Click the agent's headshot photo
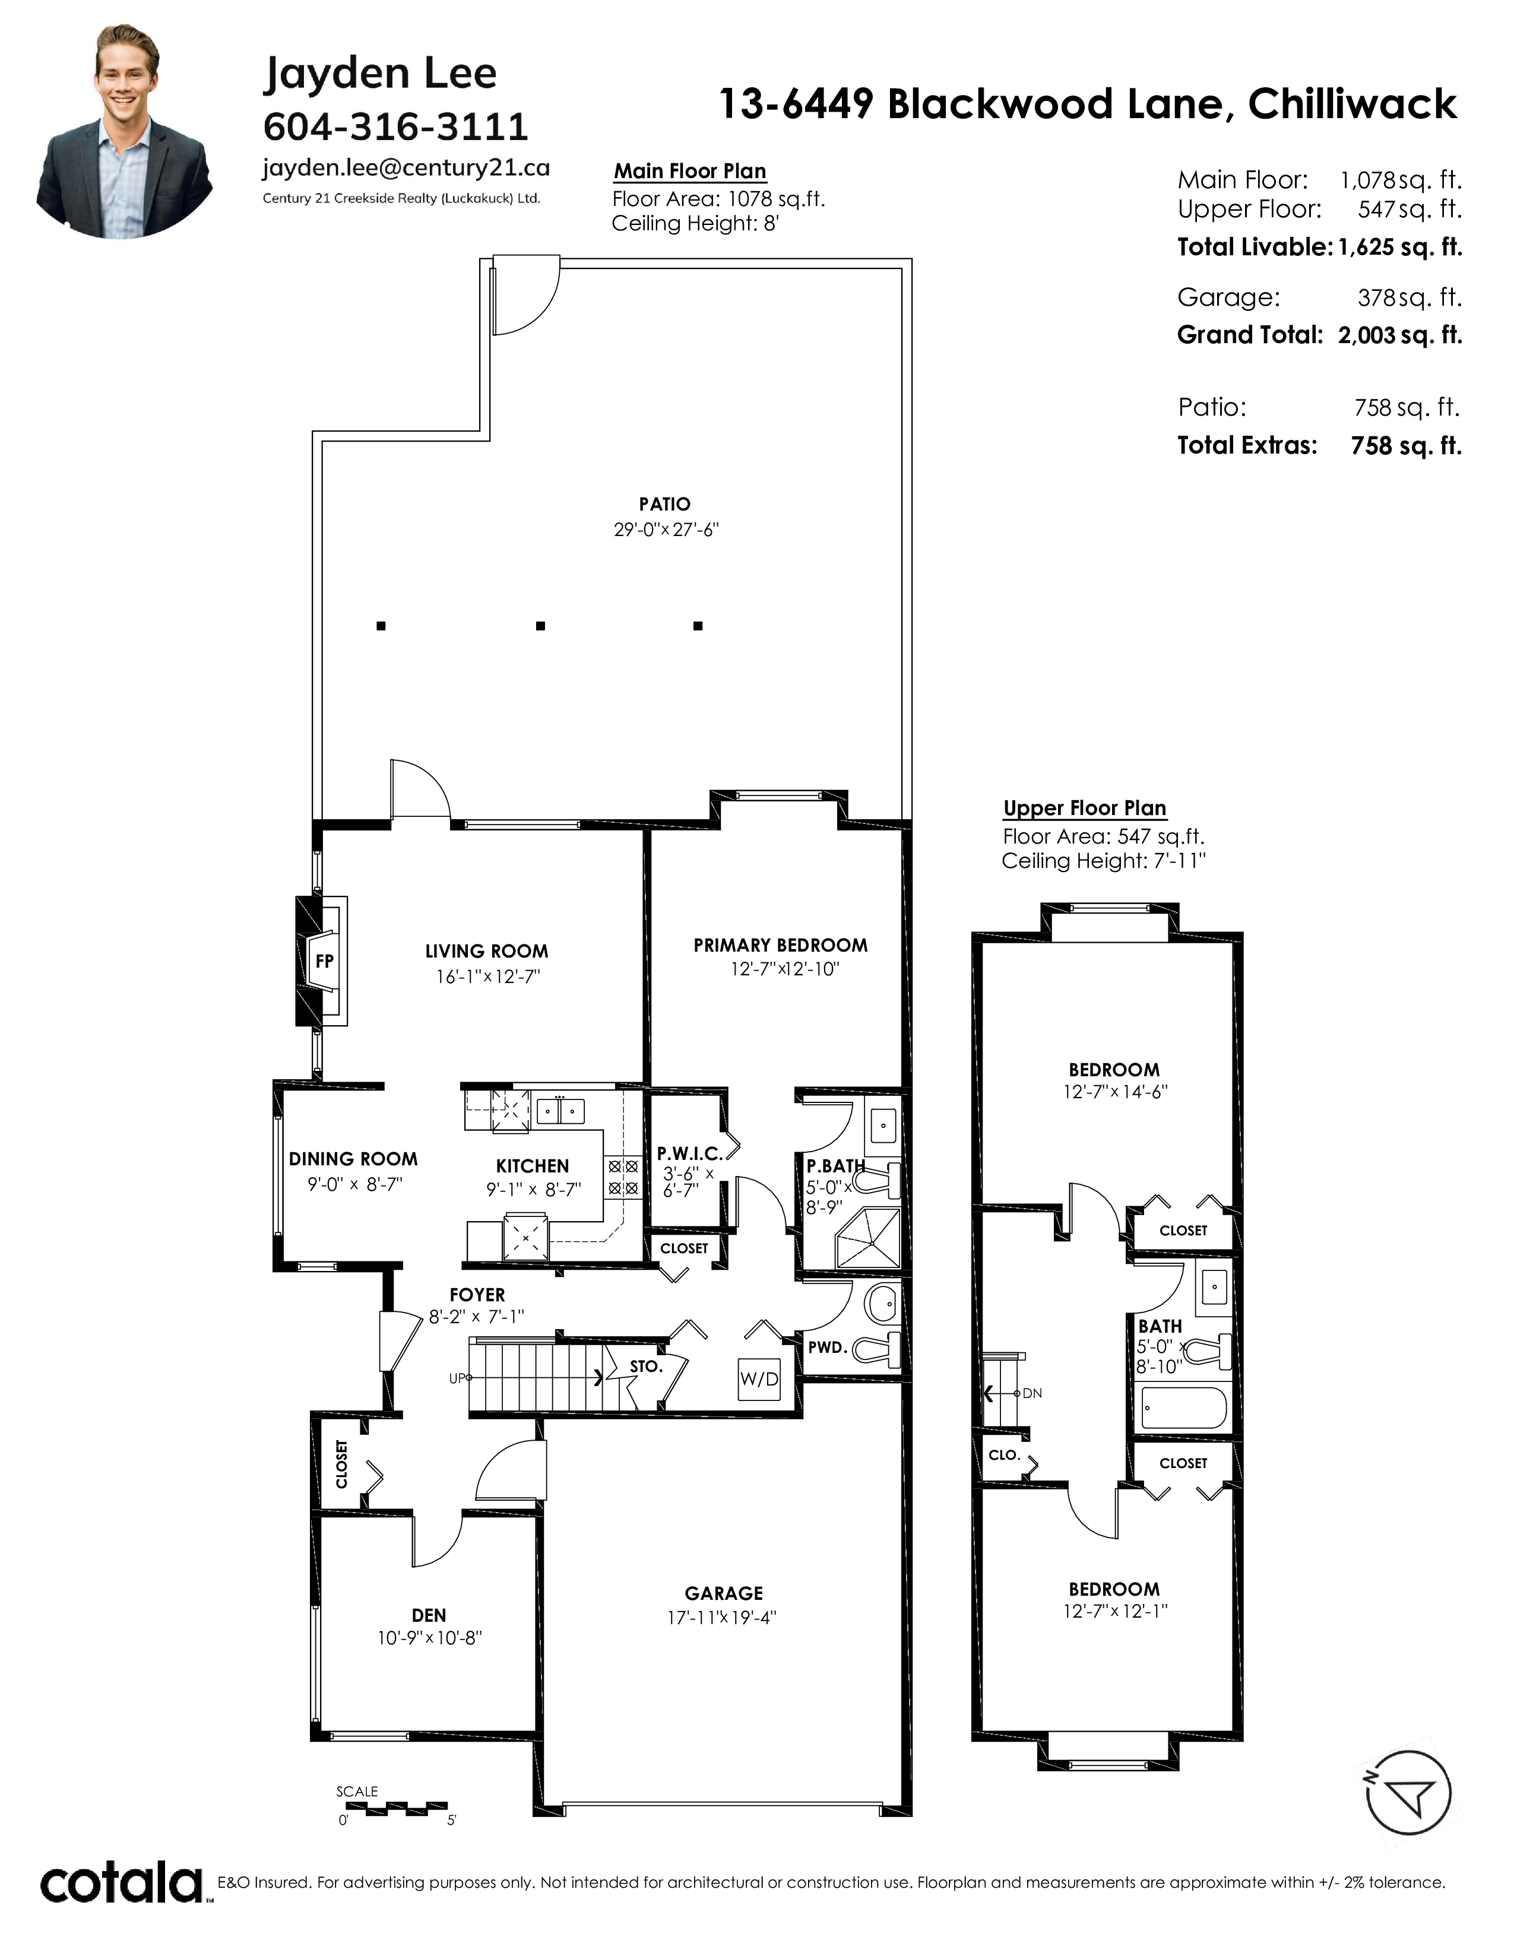tap(125, 132)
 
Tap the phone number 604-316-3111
tap(395, 126)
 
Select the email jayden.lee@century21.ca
tap(406, 168)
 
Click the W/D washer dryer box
tap(759, 1378)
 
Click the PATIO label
tap(664, 504)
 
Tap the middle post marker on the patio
tap(540, 626)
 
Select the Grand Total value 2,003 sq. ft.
tap(1400, 335)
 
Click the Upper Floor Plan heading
tap(1084, 808)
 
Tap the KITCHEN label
tap(533, 1166)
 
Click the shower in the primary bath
tap(867, 1238)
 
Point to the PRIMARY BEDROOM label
tap(780, 946)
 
